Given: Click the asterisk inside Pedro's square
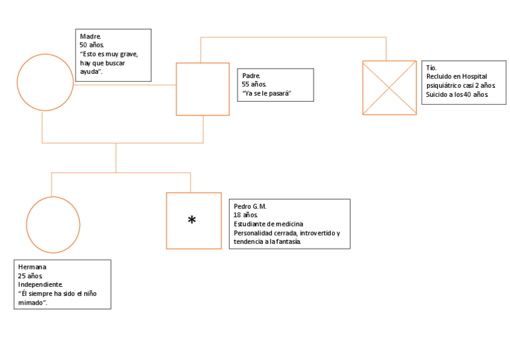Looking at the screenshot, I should coord(192,221).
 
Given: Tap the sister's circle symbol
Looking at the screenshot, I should coord(54,225).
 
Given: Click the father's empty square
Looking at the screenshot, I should coord(203,89).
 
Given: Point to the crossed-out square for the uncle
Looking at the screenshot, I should coord(389,88).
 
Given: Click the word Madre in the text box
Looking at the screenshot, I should coord(90,37).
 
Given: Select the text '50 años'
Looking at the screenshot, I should coord(91,45).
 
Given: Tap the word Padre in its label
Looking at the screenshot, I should coord(251,76).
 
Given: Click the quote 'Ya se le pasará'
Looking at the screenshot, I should coord(262,93).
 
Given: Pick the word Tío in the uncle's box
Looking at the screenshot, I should coord(431,68).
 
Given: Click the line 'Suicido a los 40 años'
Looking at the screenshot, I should coord(458,94).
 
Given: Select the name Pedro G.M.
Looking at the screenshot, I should coord(250,207).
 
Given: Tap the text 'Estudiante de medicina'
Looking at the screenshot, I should coord(268,224).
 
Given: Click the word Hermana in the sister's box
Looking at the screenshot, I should coord(32,267).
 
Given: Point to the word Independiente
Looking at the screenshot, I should coord(40,284).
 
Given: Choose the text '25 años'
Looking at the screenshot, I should coord(30,276).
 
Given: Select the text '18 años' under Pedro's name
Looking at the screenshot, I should coord(245,215).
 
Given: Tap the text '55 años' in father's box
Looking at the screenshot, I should coord(254,85).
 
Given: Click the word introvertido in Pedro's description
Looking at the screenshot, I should coord(316,233).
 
